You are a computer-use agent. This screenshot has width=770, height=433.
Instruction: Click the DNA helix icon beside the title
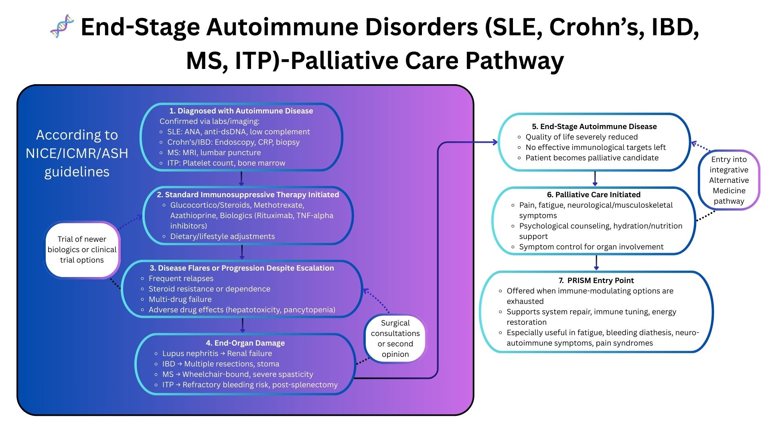point(62,26)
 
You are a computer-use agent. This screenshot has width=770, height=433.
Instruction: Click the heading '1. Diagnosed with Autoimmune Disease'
point(241,111)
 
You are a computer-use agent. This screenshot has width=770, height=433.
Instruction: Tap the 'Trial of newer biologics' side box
point(82,249)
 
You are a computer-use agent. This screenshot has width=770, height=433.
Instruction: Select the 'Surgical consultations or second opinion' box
point(395,338)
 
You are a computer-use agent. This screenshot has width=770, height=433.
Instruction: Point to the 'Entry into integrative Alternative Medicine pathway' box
point(729,180)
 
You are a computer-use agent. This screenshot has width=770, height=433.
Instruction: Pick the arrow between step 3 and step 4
point(242,325)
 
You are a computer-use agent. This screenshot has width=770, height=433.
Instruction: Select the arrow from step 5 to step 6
point(595,179)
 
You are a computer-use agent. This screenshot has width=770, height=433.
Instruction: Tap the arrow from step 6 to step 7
point(596,263)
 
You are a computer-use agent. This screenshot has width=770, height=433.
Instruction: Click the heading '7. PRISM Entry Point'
point(596,281)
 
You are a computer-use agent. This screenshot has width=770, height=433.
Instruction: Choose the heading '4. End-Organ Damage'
point(245,343)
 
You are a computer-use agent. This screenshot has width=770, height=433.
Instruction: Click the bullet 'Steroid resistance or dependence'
point(209,289)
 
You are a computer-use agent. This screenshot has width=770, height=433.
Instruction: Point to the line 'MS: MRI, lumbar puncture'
point(214,153)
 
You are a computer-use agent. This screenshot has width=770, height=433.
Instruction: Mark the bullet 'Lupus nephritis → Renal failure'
point(217,354)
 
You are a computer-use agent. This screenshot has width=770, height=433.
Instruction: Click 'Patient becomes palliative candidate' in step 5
point(592,158)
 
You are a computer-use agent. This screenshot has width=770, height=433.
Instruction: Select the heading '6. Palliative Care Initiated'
point(594,195)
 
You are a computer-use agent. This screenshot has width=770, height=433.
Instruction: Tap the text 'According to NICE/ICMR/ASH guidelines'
point(77,153)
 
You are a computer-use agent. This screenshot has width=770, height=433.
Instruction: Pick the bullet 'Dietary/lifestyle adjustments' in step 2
point(223,237)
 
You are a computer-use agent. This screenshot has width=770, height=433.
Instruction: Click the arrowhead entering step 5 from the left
point(494,142)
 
